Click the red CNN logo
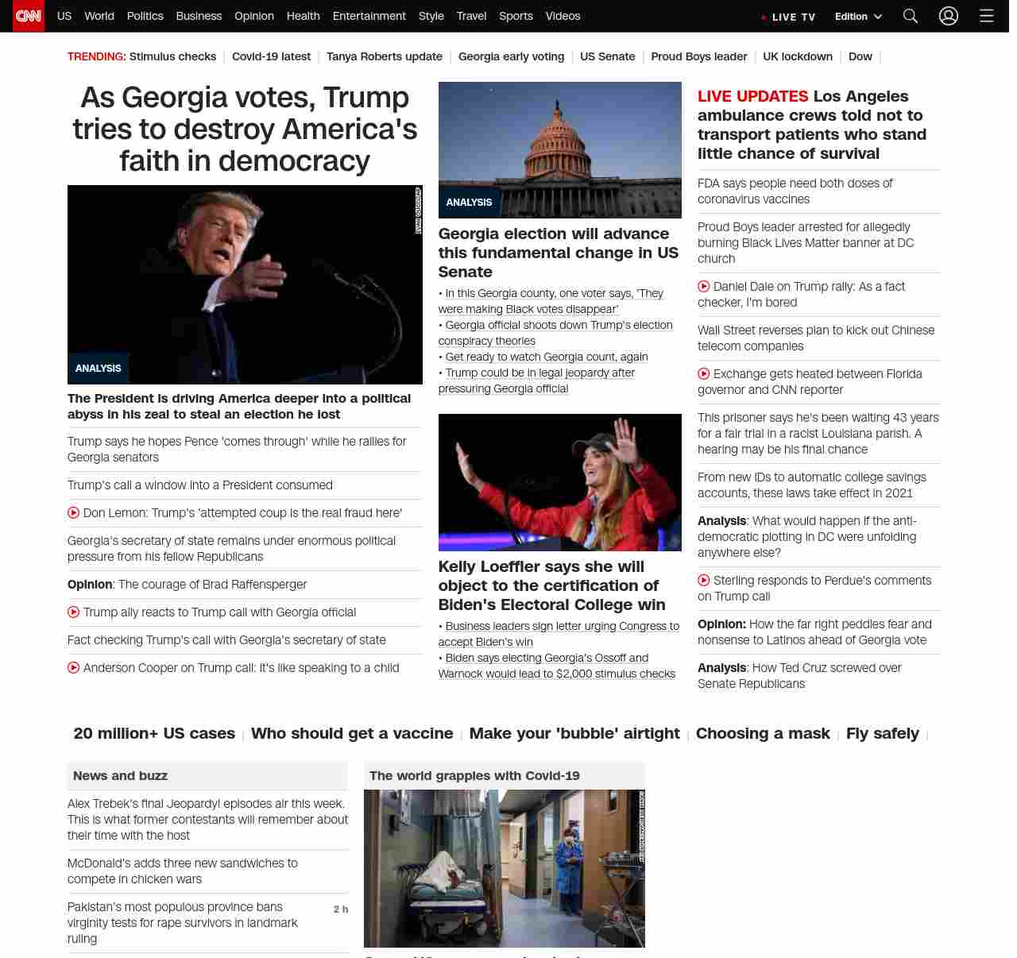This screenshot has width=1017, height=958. click(29, 16)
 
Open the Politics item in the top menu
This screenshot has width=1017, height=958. click(145, 16)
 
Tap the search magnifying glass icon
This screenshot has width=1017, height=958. click(911, 16)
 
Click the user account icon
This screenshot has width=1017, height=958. click(949, 16)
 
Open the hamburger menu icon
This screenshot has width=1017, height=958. click(987, 16)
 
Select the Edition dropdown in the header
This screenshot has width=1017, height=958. click(858, 17)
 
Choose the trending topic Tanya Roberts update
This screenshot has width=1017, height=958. click(385, 56)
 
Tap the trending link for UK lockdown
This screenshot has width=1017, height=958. click(798, 56)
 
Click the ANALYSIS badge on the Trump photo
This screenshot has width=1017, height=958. click(99, 369)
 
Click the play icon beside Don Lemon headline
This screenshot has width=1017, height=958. click(74, 513)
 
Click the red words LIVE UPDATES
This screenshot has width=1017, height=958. click(752, 97)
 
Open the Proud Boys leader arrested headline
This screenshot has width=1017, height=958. click(805, 242)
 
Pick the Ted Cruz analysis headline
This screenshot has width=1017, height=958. click(799, 675)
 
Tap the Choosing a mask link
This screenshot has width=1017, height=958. click(763, 733)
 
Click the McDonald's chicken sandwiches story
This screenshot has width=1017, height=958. click(183, 871)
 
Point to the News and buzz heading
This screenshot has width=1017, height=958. click(121, 775)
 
